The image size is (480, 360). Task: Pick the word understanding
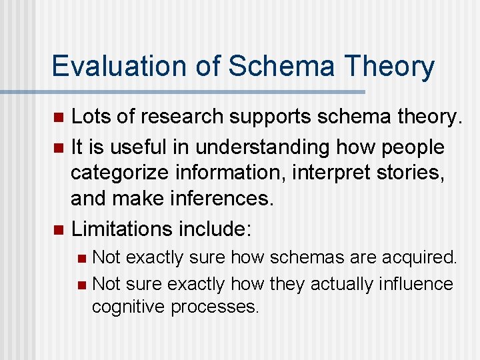(x=268, y=146)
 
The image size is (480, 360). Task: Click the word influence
(x=415, y=283)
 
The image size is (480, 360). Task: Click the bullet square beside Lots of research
(x=58, y=119)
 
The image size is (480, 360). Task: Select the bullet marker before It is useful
(x=58, y=147)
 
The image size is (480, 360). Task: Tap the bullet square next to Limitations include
(x=58, y=231)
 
